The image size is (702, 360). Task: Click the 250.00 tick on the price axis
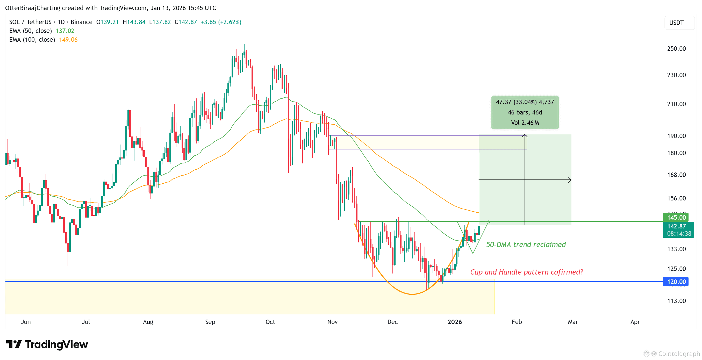676,49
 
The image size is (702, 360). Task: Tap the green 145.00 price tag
676,218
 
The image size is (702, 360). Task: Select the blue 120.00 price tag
676,282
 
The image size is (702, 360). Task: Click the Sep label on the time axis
210,322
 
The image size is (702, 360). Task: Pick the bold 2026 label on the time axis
455,322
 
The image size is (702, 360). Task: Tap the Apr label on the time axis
635,322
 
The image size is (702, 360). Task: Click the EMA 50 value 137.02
65,31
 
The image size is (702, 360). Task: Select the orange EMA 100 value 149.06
68,40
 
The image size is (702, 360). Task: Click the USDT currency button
676,23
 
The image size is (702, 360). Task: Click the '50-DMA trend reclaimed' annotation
526,245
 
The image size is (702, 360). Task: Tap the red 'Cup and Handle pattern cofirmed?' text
526,272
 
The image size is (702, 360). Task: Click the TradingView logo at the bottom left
47,344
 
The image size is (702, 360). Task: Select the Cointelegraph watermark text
675,354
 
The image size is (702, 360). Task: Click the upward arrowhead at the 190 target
525,135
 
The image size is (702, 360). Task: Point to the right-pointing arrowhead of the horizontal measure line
570,179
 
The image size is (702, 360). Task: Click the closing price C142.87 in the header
185,22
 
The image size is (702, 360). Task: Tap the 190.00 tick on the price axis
676,136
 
